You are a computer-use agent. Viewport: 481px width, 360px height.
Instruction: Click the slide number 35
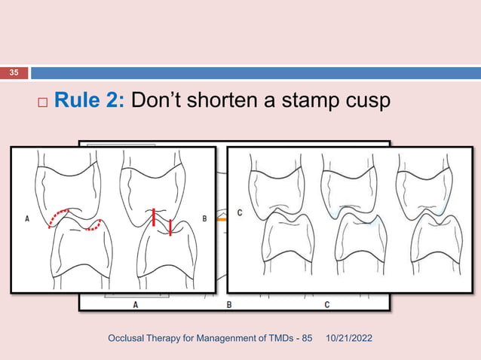coord(14,73)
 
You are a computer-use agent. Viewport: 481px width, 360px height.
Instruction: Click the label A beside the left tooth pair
coord(27,220)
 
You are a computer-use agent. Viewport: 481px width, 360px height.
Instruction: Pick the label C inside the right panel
coord(240,213)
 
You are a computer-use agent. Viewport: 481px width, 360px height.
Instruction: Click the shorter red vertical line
coord(170,227)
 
